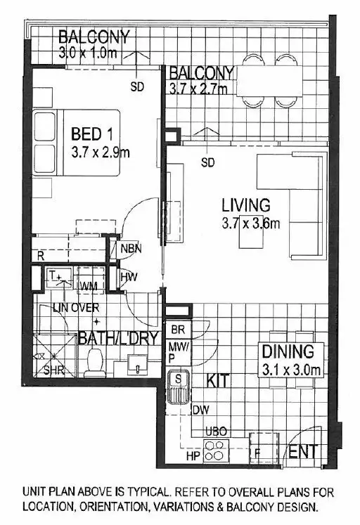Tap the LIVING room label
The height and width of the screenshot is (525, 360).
coord(246,206)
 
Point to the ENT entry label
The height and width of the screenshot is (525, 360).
coord(304,451)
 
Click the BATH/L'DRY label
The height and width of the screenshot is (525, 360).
coord(118,337)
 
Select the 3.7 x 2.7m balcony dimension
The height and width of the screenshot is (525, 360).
coord(200,89)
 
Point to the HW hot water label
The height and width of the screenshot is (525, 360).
coord(128,278)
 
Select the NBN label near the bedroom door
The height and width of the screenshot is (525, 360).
coord(131,247)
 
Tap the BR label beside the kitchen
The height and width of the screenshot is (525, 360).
coord(177,330)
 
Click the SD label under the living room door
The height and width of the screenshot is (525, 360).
coord(207,163)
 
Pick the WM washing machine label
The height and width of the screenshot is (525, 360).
coord(89,286)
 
